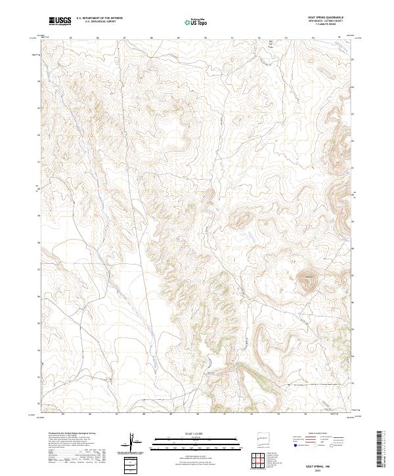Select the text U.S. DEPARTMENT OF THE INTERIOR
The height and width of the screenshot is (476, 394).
tap(100, 18)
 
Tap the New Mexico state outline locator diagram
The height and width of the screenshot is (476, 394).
tap(261, 438)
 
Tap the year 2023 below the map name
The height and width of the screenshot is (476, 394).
tap(324, 469)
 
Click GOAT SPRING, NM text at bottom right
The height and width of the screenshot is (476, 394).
tap(324, 465)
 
